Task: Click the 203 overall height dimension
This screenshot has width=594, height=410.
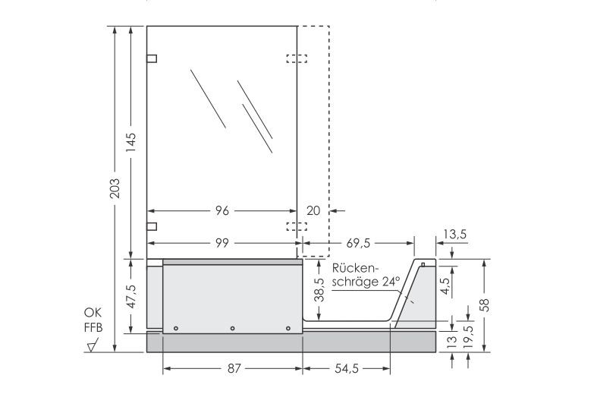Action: [115, 189]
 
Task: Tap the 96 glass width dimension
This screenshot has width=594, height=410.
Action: [222, 210]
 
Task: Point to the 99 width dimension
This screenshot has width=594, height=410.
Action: [222, 243]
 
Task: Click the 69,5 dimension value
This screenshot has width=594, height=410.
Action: [357, 243]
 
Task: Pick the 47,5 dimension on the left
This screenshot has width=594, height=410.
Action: [132, 295]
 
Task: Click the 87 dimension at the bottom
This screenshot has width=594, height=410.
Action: [233, 369]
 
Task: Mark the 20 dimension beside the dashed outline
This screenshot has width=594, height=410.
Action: [313, 210]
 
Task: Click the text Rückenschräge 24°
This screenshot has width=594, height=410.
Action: [366, 274]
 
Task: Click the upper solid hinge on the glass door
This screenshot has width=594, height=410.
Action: [152, 58]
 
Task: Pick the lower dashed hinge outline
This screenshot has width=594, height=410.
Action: [297, 225]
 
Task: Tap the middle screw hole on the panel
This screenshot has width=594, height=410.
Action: [232, 328]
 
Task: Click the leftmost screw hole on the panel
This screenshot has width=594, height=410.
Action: [175, 328]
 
